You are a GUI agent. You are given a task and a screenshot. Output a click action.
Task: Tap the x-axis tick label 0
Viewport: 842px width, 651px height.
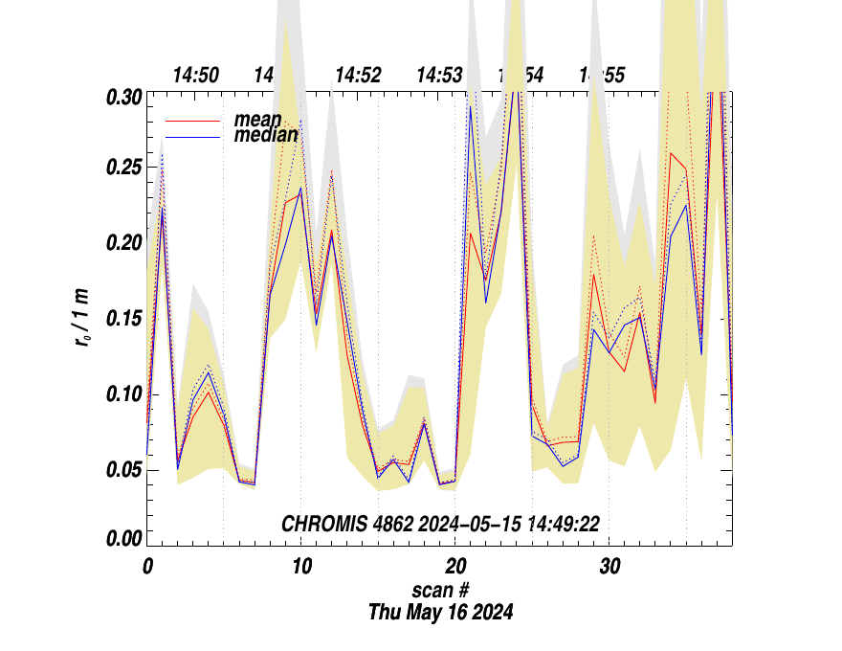pos(147,566)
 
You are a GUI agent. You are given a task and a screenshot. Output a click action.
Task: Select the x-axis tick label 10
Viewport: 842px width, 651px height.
pos(300,566)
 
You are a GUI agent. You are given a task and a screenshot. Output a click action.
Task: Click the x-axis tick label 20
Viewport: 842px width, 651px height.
pos(454,566)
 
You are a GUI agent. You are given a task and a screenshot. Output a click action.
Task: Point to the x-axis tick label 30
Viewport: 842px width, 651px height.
pos(609,566)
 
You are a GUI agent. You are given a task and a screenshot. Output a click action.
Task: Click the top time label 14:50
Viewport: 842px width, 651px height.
pos(196,76)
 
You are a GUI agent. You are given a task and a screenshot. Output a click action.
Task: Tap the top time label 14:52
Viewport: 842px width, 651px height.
pos(358,76)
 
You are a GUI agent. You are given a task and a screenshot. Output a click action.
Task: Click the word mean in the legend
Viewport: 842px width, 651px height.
pos(258,120)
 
